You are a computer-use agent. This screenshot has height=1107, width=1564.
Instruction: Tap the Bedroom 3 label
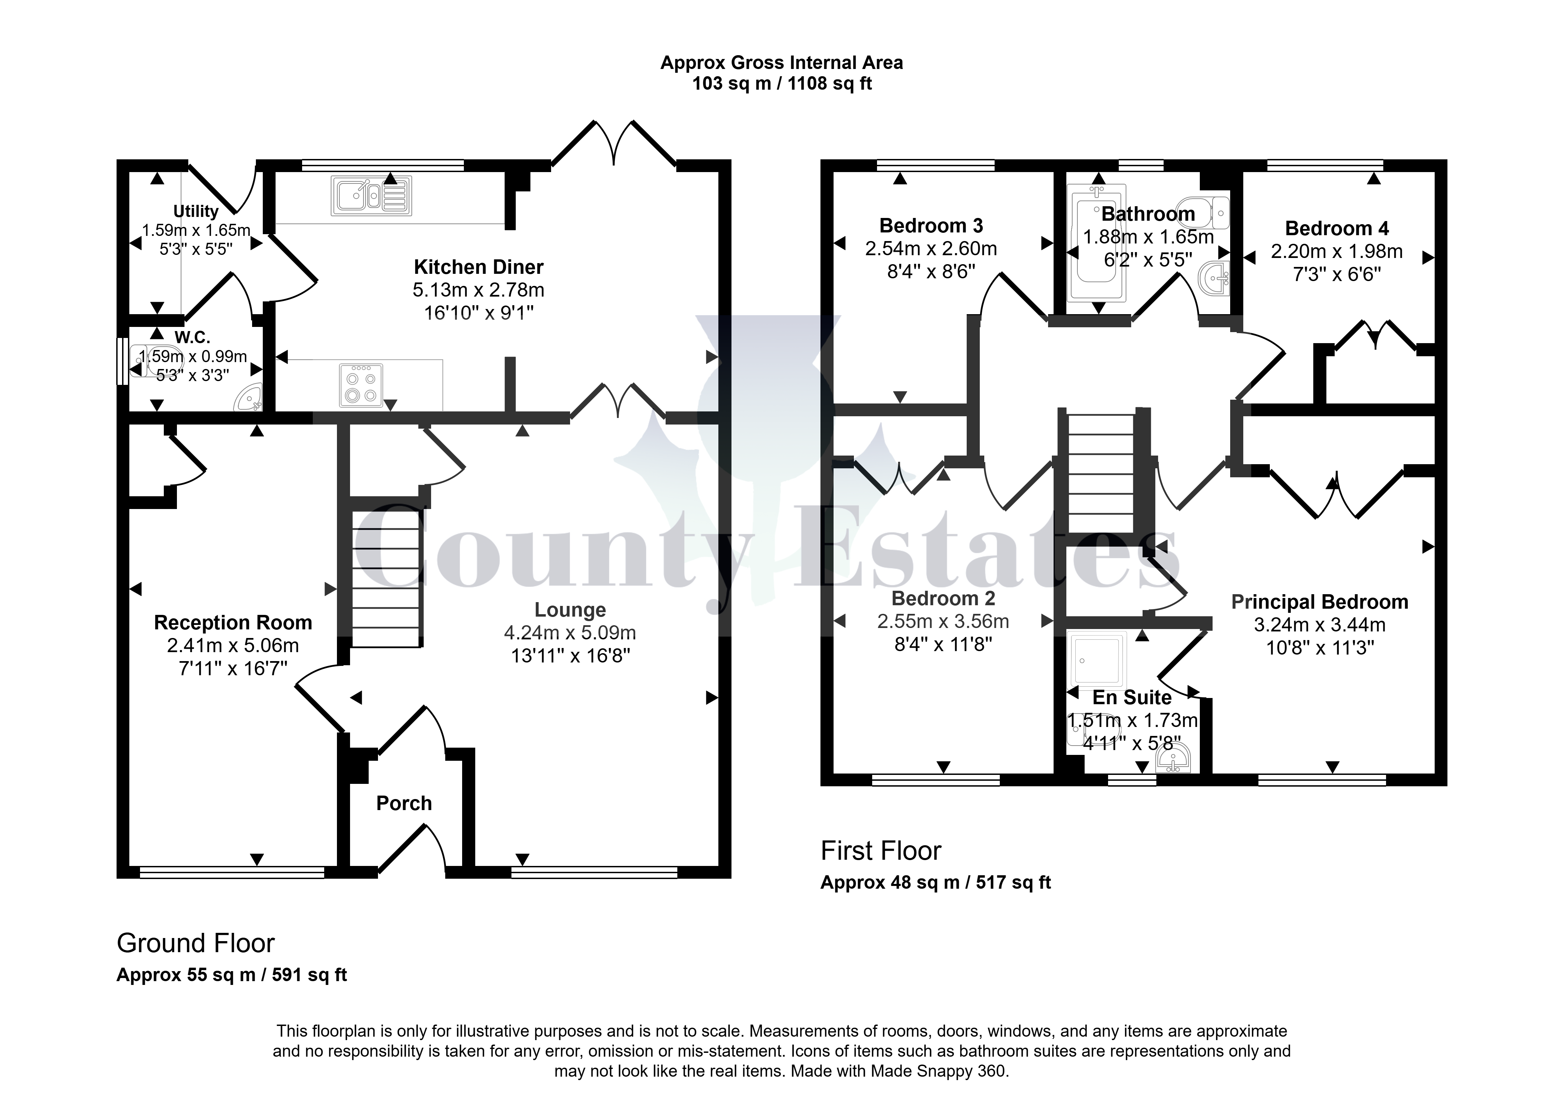click(x=931, y=226)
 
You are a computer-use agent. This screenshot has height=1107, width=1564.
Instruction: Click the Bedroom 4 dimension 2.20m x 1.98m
click(x=1336, y=251)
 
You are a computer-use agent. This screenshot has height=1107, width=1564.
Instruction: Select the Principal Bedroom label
click(x=1319, y=602)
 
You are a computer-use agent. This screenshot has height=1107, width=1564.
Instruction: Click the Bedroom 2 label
click(x=943, y=598)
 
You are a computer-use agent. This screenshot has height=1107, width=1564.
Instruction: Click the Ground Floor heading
click(x=196, y=944)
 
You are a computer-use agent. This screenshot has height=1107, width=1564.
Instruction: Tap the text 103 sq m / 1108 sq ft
click(x=782, y=84)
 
